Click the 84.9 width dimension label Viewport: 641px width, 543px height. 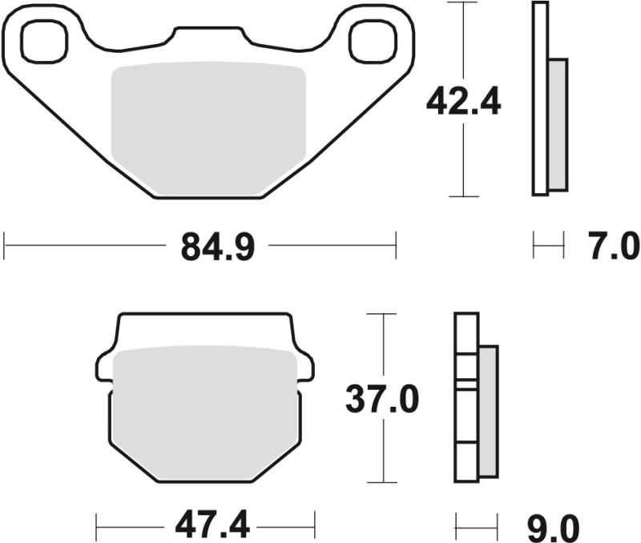[217, 247]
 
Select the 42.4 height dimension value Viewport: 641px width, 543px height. [463, 101]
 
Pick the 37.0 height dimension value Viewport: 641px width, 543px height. [382, 398]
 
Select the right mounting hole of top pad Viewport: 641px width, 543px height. [373, 42]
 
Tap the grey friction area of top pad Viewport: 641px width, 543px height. [208, 128]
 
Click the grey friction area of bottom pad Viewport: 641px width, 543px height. [206, 412]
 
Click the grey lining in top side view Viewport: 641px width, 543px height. [558, 124]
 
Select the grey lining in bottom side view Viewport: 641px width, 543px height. [488, 412]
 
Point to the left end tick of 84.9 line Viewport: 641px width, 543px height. [5, 247]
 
